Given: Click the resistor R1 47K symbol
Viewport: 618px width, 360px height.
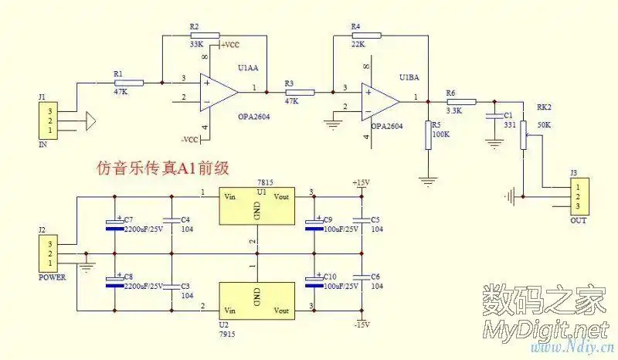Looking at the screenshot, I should point(130,82).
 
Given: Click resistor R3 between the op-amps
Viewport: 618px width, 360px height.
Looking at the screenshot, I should point(301,93).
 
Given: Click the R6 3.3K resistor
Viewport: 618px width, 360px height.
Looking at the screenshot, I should point(461,101).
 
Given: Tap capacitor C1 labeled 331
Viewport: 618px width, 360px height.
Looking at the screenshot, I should point(491,116).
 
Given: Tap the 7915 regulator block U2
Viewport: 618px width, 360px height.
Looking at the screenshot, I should point(257,300).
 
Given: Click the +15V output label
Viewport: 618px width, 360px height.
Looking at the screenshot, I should point(361,182).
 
